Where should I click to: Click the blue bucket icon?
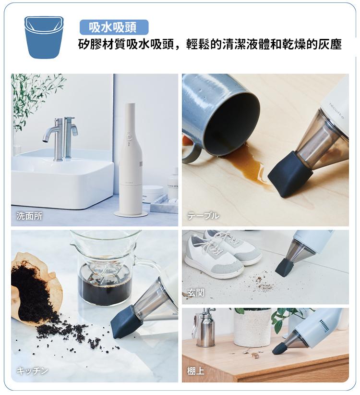[44, 37]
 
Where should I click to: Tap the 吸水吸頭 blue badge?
[114, 27]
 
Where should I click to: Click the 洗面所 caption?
[29, 216]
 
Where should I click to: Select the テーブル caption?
[203, 216]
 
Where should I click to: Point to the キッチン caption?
[32, 370]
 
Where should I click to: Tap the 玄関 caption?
[196, 293]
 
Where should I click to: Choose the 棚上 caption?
[196, 371]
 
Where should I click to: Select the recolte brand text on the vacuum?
[337, 111]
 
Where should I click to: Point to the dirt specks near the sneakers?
[262, 284]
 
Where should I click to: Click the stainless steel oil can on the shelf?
[204, 328]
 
